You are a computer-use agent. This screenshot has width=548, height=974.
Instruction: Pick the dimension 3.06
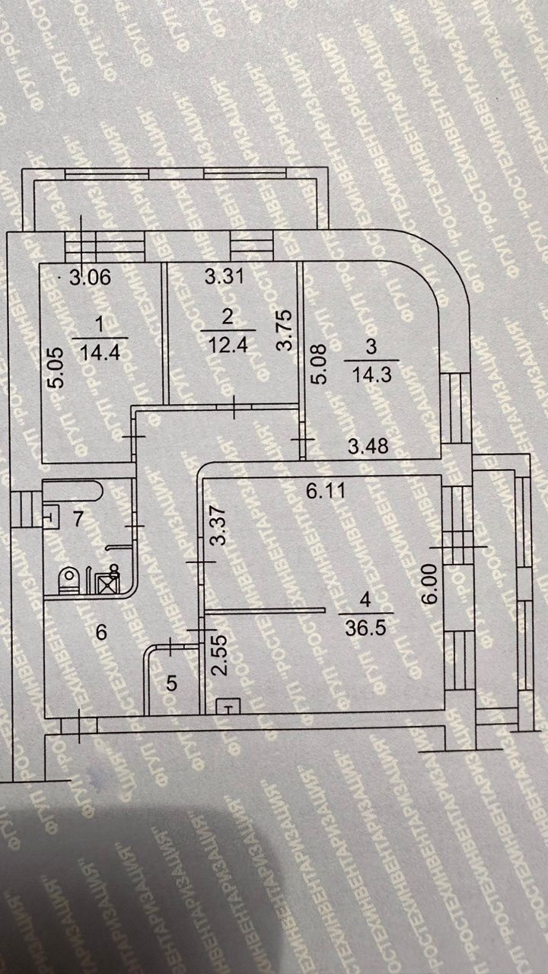click(90, 278)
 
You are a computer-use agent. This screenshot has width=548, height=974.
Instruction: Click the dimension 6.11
click(321, 492)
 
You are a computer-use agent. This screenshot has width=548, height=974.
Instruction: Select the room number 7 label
click(77, 520)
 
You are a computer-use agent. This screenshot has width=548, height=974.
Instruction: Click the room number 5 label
click(172, 683)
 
